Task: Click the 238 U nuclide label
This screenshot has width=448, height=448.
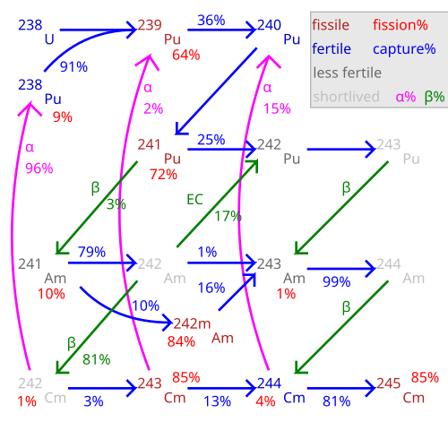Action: pyautogui.click(x=36, y=32)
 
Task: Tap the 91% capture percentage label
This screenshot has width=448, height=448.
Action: pyautogui.click(x=73, y=67)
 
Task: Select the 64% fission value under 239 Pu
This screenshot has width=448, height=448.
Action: pyautogui.click(x=186, y=55)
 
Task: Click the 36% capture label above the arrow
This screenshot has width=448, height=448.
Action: pyautogui.click(x=211, y=21)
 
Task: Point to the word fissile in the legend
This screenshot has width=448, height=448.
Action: pyautogui.click(x=331, y=25)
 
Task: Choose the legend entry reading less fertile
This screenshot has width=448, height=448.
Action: pyautogui.click(x=348, y=73)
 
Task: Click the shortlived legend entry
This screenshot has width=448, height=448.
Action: pyautogui.click(x=346, y=97)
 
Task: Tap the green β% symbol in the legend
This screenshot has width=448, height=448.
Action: pyautogui.click(x=435, y=97)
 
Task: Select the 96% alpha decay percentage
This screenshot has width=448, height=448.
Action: pyautogui.click(x=39, y=168)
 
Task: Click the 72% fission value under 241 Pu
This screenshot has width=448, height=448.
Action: pyautogui.click(x=163, y=175)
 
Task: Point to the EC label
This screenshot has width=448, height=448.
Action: pyautogui.click(x=194, y=200)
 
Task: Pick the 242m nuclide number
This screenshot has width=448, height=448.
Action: pyautogui.click(x=192, y=323)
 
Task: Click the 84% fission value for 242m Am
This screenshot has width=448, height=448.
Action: pyautogui.click(x=181, y=341)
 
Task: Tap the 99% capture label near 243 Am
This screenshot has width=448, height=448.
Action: pyautogui.click(x=337, y=282)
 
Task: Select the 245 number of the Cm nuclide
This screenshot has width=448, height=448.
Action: pyautogui.click(x=388, y=383)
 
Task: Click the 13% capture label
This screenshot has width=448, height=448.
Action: pyautogui.click(x=217, y=401)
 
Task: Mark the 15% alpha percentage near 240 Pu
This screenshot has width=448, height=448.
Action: pyautogui.click(x=277, y=108)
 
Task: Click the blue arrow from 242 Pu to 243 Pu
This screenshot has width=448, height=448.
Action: pyautogui.click(x=341, y=149)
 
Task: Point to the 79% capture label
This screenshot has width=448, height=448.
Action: pyautogui.click(x=91, y=252)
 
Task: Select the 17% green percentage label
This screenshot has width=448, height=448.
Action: pyautogui.click(x=228, y=216)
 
